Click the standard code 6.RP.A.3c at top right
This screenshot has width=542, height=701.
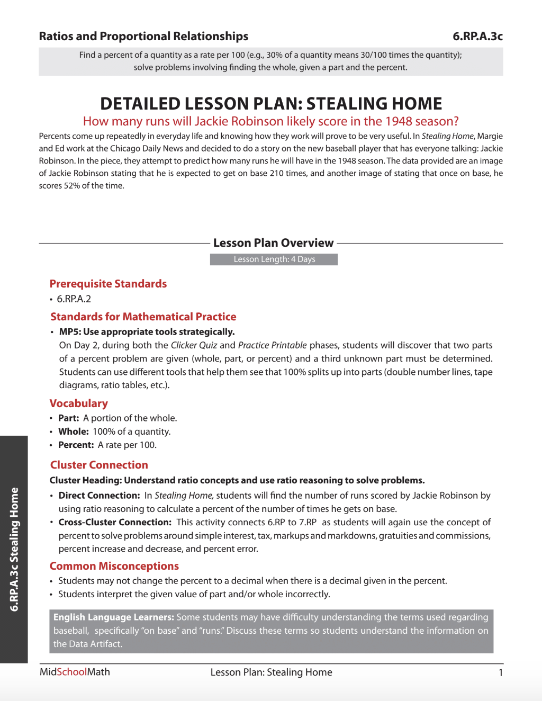pos(477,37)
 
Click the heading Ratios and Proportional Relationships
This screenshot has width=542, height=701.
pos(143,37)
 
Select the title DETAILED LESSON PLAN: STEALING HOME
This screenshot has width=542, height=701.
pos(271,103)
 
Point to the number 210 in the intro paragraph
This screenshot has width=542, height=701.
pos(276,173)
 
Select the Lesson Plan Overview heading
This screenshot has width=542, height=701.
pos(273,243)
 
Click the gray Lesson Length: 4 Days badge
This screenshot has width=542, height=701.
pos(274,259)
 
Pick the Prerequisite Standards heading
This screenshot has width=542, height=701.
pos(108,284)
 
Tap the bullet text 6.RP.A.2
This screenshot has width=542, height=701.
pos(74,299)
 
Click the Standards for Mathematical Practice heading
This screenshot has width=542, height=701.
pos(143,317)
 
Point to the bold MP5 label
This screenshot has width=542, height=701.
pos(70,332)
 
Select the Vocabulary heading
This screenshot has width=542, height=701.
pos(78,403)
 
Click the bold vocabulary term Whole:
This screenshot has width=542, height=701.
pos(73,432)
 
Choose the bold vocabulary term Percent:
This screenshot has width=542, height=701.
pos(76,445)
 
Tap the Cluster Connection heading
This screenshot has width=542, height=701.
pos(99,465)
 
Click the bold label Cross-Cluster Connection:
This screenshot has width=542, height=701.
pos(115,522)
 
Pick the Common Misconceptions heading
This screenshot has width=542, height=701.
pos(114,566)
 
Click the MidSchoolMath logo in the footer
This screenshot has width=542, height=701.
pos(75,672)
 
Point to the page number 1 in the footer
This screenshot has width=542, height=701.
pos(500,673)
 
